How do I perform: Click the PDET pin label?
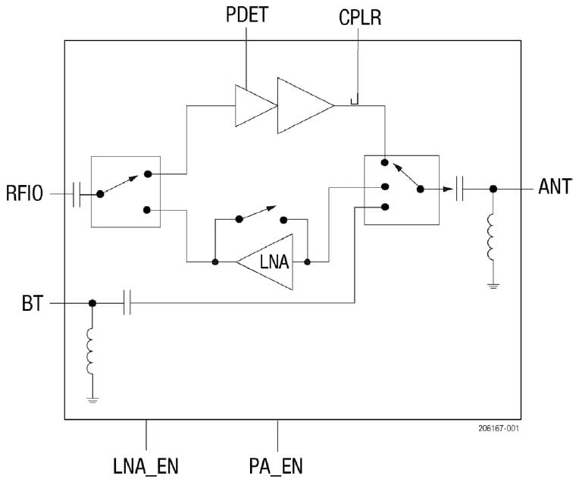coord(246,15)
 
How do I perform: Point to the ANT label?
coord(555,187)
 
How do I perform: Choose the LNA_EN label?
coord(146,464)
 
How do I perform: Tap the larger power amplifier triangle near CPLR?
coord(304,105)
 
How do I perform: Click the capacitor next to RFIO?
coord(77,194)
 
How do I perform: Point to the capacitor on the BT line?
coord(127,303)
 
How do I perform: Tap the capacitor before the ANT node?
coord(459,188)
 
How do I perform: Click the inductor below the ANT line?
coord(493,236)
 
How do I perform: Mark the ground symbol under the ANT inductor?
coord(493,286)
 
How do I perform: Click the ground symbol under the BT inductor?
coord(92,399)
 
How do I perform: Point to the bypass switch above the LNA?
coord(261,216)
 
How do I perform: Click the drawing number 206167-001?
coord(498,428)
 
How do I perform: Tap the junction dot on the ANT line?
coord(493,188)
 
